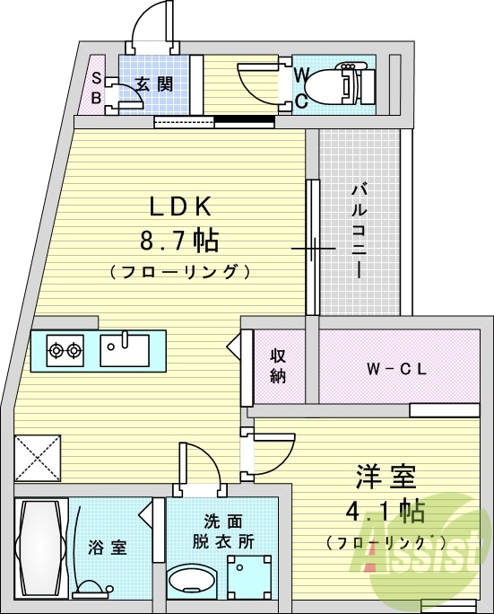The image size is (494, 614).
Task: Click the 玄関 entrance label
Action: [153, 85]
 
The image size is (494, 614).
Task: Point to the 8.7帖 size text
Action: [178, 241]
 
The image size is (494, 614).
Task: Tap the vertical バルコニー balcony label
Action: [358, 230]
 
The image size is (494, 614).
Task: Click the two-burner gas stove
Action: [65, 348]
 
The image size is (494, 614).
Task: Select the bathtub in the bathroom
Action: [41, 547]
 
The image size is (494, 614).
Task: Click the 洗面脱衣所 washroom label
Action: [223, 531]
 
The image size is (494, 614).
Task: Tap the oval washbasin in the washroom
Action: [191, 582]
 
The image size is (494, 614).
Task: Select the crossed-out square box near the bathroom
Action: [39, 459]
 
